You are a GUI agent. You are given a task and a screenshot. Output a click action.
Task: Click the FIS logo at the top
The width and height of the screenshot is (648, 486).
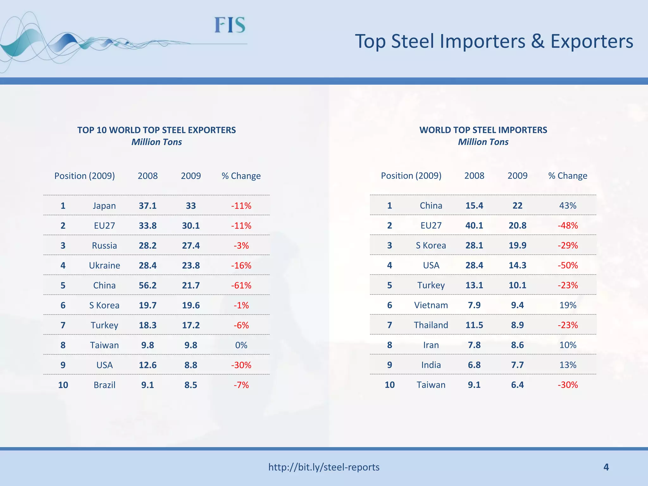click(x=230, y=25)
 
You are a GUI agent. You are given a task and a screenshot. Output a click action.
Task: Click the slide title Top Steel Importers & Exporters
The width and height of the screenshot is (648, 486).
click(x=494, y=41)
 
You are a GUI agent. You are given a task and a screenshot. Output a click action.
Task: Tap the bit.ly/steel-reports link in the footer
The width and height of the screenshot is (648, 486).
click(x=324, y=467)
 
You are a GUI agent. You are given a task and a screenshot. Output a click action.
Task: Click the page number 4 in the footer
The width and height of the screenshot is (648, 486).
click(x=606, y=467)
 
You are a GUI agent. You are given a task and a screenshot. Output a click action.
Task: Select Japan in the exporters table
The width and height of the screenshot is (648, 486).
click(x=104, y=206)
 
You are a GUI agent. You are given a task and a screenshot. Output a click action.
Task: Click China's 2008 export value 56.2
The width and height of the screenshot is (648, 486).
click(x=147, y=285)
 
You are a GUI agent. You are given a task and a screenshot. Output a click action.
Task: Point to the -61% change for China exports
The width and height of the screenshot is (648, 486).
click(x=241, y=285)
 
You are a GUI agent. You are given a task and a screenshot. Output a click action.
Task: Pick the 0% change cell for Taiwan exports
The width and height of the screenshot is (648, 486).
click(x=241, y=345)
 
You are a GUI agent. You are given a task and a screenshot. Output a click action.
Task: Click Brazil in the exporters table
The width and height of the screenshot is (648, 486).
click(x=104, y=385)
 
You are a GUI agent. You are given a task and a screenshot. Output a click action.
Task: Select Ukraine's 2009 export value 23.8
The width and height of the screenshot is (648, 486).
click(x=191, y=265)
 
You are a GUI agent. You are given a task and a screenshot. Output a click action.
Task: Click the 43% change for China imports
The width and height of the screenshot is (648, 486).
click(x=568, y=206)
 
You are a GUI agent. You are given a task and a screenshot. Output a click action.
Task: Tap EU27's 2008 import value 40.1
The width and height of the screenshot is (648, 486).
click(x=474, y=226)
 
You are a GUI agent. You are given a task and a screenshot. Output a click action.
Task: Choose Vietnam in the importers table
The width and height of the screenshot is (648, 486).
click(x=431, y=305)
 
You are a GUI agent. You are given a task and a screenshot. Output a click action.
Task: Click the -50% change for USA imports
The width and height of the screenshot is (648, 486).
click(x=568, y=265)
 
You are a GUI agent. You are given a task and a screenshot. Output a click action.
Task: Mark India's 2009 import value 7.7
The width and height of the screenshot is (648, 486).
click(x=517, y=365)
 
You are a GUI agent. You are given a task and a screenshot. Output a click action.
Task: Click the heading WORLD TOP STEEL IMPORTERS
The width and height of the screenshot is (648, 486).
click(x=483, y=130)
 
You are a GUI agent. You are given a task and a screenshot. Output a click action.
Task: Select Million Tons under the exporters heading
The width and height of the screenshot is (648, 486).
click(x=157, y=142)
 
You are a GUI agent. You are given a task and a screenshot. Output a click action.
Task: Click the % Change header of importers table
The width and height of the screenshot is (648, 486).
click(x=568, y=176)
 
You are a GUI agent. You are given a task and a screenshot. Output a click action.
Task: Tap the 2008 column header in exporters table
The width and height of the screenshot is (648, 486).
click(x=147, y=176)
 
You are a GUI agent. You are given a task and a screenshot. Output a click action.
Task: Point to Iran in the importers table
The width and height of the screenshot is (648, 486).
click(x=431, y=345)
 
